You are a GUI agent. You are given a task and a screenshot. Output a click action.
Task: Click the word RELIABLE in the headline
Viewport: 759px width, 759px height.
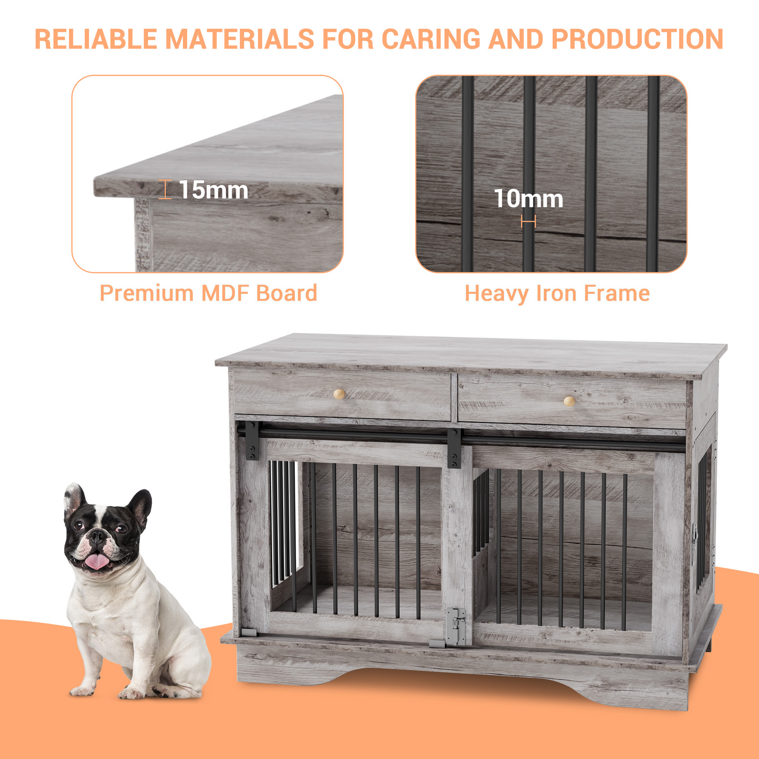coord(96,39)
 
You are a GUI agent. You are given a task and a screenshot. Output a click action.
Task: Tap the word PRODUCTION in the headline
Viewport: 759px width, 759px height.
coord(637,39)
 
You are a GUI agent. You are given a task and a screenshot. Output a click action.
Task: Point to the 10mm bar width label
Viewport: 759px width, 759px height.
coord(528,199)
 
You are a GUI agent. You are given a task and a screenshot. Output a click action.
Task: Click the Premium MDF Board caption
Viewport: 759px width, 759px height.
coord(208,293)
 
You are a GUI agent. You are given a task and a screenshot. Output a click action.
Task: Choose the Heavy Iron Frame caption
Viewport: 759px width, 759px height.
coord(557,293)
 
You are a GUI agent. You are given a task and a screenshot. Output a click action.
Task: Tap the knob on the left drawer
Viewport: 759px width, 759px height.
coord(339,394)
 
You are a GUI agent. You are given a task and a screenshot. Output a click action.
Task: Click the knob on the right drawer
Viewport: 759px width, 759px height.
coord(569,401)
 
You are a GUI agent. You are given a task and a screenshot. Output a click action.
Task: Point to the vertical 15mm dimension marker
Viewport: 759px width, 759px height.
coord(165,189)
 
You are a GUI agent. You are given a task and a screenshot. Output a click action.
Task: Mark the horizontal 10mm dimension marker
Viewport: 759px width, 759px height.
coord(528,222)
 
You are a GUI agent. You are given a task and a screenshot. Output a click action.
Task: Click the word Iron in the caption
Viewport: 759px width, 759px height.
coord(557,293)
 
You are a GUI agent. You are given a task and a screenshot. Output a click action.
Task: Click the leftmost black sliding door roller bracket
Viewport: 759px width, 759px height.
coord(252,441)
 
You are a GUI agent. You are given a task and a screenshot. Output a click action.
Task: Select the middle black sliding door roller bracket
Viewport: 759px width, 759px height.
coord(454,449)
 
